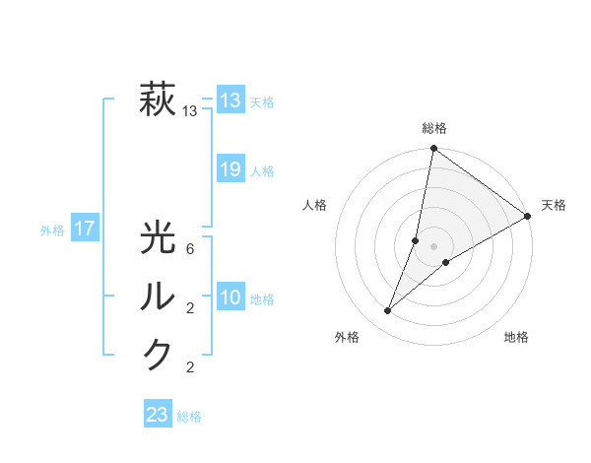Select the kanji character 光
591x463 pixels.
(x=158, y=240)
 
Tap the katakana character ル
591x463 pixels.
(x=158, y=297)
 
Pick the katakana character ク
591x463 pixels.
(x=158, y=355)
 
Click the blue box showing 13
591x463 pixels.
(x=230, y=99)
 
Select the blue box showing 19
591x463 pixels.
(x=230, y=169)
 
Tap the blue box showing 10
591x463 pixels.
(x=230, y=298)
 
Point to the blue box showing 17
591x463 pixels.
(x=84, y=230)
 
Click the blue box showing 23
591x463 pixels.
(x=158, y=415)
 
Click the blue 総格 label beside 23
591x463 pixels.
(x=189, y=417)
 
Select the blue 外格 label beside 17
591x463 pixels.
(x=52, y=231)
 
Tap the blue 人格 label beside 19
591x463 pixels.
(x=262, y=171)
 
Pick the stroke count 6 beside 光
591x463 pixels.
(x=189, y=249)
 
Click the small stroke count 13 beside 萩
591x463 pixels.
(x=189, y=111)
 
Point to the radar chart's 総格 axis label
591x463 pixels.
(x=433, y=128)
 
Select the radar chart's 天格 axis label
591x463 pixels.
(x=554, y=205)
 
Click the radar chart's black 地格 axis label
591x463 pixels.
(x=516, y=337)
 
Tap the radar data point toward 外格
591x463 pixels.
(x=388, y=311)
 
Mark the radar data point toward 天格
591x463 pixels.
(x=528, y=217)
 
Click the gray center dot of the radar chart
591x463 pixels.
(x=433, y=246)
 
